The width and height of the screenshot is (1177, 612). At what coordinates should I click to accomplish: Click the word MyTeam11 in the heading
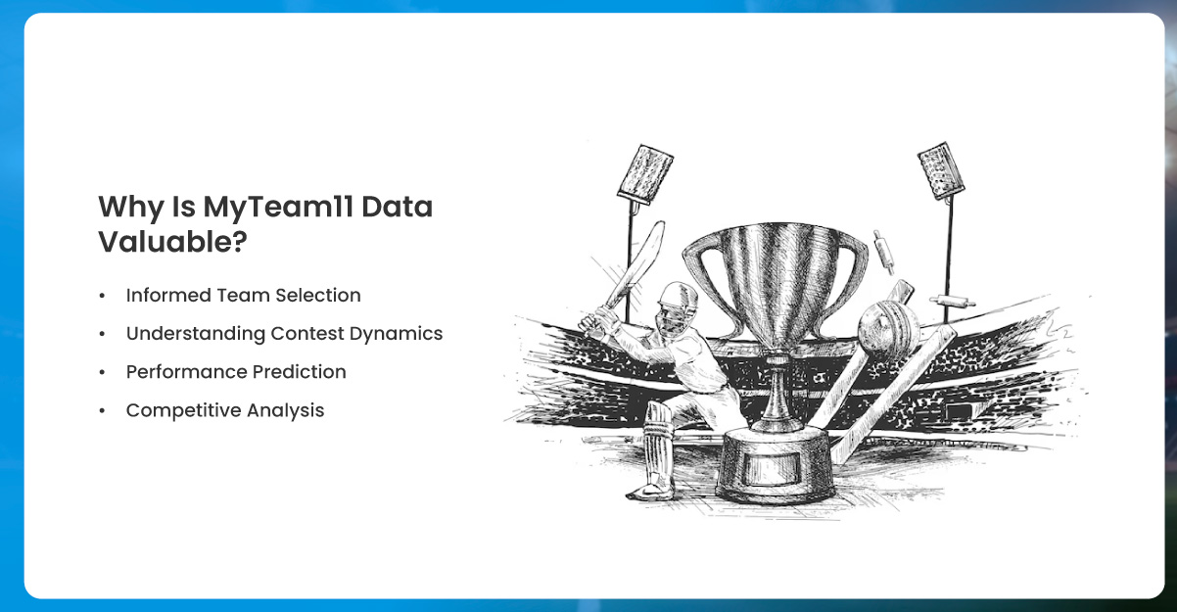278,208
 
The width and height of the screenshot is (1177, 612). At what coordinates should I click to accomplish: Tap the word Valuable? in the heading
172,242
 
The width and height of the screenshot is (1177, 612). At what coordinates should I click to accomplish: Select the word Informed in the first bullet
168,296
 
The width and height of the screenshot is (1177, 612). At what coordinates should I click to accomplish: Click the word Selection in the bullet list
318,296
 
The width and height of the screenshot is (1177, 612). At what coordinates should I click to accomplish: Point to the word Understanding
196,334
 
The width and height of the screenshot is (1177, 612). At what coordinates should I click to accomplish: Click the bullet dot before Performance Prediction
102,372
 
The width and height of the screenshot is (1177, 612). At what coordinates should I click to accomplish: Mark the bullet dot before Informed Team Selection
102,296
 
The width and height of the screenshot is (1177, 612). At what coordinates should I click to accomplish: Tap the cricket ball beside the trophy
889,326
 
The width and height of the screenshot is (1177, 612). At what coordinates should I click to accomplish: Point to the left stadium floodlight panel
644,174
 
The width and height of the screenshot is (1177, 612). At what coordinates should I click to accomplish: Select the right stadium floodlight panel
941,170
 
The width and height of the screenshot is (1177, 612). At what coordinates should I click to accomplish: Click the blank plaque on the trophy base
774,467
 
